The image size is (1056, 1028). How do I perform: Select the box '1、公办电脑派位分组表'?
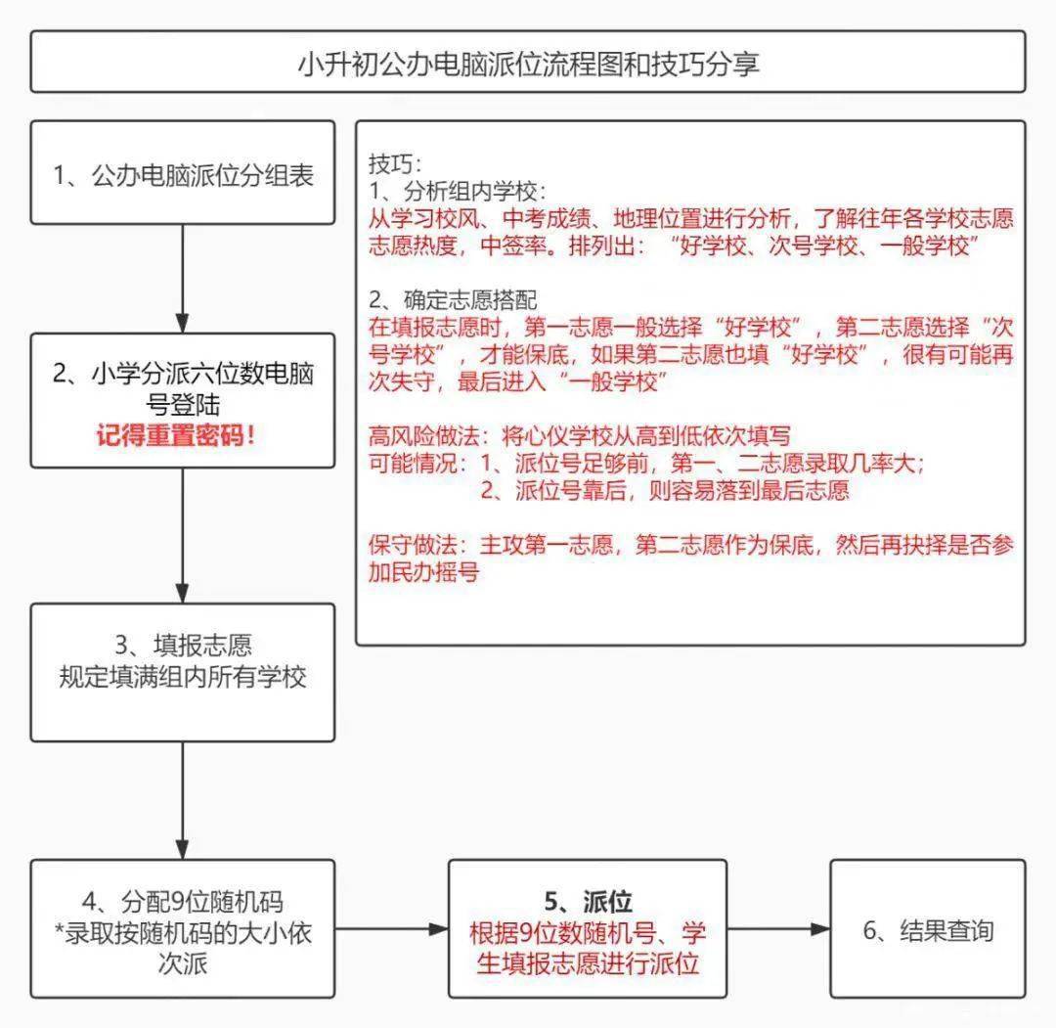pos(183,175)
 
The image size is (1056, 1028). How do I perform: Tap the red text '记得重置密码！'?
pos(183,434)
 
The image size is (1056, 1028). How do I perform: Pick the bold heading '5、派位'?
pos(588,902)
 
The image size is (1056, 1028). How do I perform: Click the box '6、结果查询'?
pos(928,928)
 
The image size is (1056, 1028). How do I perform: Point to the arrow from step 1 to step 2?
pos(183,278)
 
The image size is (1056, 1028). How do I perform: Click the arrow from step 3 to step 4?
pos(183,799)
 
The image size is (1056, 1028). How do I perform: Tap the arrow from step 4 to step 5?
pos(391,928)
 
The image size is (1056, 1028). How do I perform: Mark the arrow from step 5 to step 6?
pos(778,928)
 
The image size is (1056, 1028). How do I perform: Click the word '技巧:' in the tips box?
pos(394,161)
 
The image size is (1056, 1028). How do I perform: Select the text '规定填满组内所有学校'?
pos(183,677)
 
